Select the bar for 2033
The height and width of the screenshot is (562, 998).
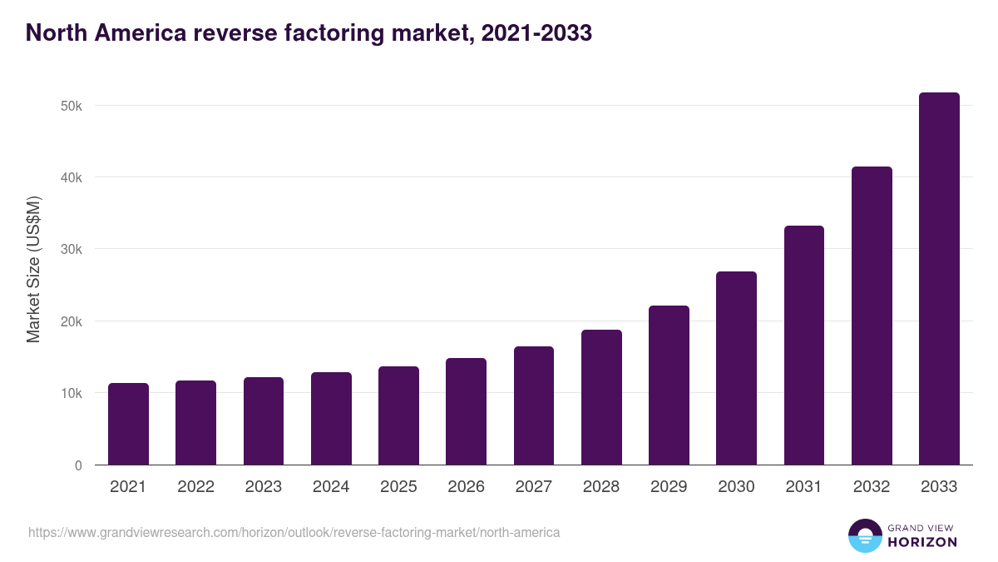pos(939,279)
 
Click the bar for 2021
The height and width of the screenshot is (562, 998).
pos(128,424)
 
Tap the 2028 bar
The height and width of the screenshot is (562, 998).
pos(601,397)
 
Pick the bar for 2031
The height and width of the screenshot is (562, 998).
pos(803,346)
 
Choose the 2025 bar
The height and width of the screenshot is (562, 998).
pos(398,415)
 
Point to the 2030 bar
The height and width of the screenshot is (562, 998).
pos(736,368)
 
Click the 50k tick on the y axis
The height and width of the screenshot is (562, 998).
pos(71,106)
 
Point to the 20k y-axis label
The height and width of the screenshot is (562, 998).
pos(71,321)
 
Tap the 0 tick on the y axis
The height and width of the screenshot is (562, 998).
pos(78,465)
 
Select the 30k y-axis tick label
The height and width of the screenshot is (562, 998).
pos(71,250)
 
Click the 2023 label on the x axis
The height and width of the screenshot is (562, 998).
pos(264,487)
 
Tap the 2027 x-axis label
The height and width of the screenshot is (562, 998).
pos(534,487)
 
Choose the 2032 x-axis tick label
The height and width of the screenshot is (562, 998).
pos(872,487)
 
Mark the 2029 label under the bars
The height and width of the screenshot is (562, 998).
pos(669,487)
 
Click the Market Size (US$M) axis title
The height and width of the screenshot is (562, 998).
pos(33,269)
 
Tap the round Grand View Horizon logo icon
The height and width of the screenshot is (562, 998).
pos(864,535)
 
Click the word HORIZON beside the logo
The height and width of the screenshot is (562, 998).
pos(921,542)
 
